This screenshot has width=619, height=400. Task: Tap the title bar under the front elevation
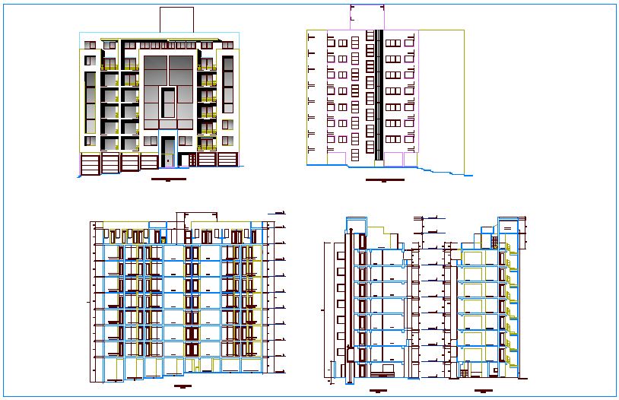click(x=168, y=179)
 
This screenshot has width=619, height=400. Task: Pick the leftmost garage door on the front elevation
click(x=90, y=162)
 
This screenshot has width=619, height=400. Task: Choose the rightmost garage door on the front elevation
click(x=227, y=160)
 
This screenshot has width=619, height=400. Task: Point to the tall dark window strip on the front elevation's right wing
click(x=227, y=91)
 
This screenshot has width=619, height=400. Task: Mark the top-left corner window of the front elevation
click(x=90, y=46)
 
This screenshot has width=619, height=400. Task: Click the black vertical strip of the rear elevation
click(x=378, y=94)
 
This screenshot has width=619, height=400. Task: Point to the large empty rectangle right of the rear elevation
click(x=441, y=99)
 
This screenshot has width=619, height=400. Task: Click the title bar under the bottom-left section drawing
click(x=183, y=387)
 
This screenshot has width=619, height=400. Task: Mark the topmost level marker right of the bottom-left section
click(x=279, y=213)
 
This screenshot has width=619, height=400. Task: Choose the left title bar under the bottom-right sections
click(x=378, y=391)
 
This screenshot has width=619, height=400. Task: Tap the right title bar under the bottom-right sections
click(x=481, y=391)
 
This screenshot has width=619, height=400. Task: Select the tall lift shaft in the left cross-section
click(x=349, y=304)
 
